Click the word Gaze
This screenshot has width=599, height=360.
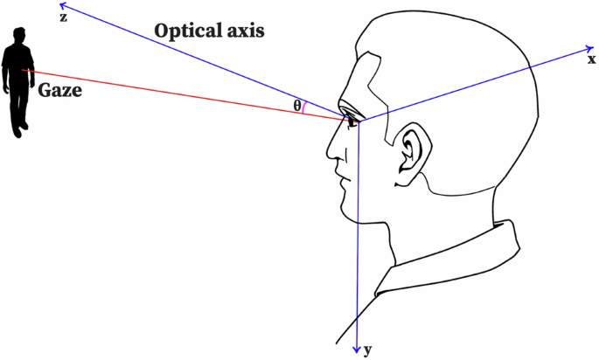pyautogui.click(x=59, y=87)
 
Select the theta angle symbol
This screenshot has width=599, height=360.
pyautogui.click(x=297, y=106)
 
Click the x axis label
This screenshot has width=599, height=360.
pyautogui.click(x=591, y=59)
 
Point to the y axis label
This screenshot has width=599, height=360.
pyautogui.click(x=368, y=350)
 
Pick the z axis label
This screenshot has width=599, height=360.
pyautogui.click(x=62, y=17)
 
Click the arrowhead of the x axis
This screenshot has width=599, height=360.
pyautogui.click(x=585, y=47)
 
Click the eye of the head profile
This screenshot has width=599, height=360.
pyautogui.click(x=352, y=119)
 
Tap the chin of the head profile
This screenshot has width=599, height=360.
pyautogui.click(x=347, y=213)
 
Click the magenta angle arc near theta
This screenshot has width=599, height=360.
pyautogui.click(x=304, y=107)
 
